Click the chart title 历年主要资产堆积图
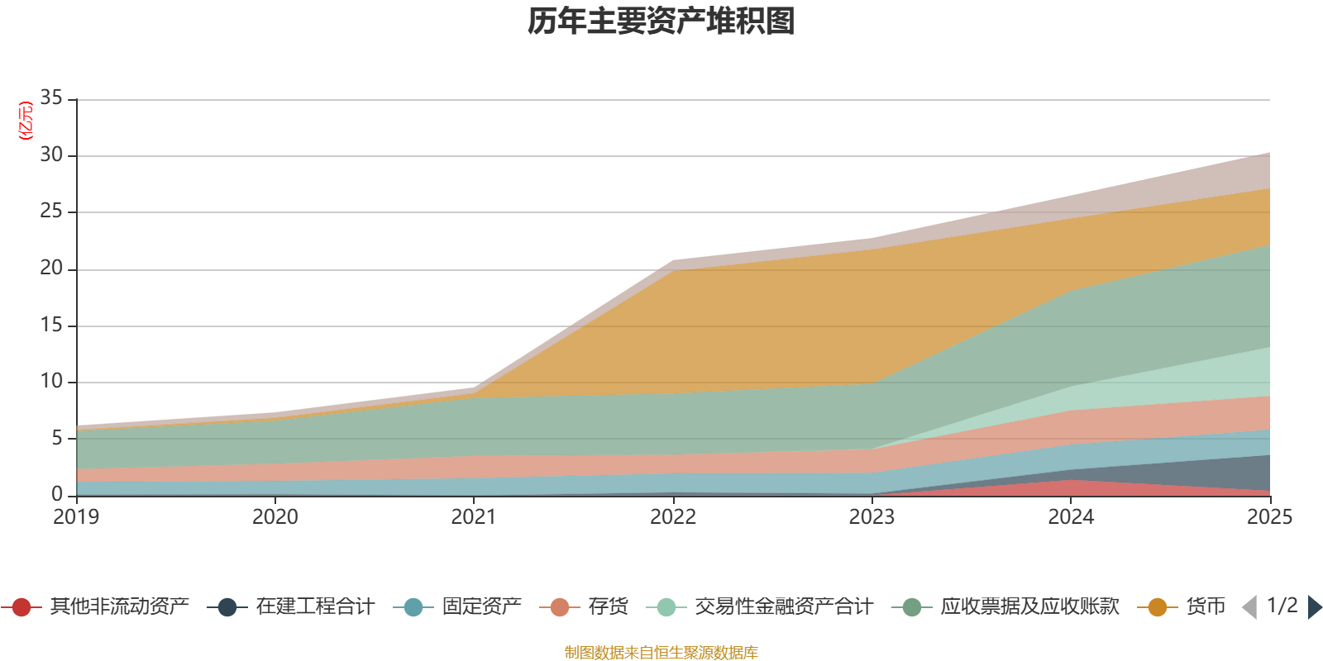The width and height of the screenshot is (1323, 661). point(661,21)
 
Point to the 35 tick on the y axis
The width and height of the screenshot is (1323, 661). point(51,97)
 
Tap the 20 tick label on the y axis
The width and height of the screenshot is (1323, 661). point(51,268)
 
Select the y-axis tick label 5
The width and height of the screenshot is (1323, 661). point(57,437)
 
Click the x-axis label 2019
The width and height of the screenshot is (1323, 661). point(76,517)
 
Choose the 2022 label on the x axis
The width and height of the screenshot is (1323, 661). point(673,517)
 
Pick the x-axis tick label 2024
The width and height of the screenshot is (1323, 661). point(1071,517)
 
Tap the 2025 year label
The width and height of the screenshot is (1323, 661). point(1269,517)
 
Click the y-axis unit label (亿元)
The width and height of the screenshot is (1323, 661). point(26,121)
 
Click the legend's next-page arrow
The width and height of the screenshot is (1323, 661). point(1315,607)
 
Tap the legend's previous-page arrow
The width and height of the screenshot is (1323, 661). point(1249,607)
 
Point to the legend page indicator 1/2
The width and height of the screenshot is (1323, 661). point(1282,606)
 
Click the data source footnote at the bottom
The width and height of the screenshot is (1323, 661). point(661,653)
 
